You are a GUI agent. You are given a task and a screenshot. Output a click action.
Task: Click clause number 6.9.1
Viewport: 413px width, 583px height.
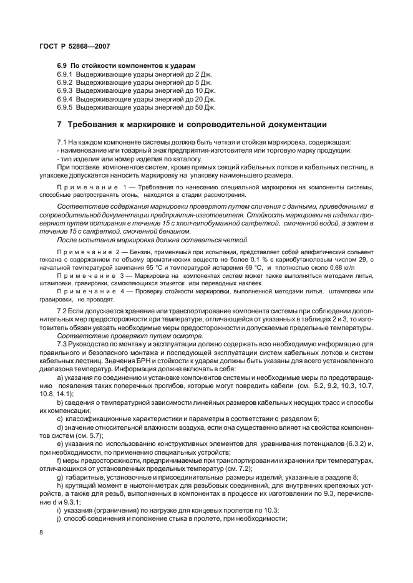(x=65, y=74)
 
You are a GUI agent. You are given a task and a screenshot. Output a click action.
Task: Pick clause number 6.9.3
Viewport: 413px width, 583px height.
(x=65, y=90)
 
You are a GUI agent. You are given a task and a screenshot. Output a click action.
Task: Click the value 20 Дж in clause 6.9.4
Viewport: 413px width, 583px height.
(x=205, y=98)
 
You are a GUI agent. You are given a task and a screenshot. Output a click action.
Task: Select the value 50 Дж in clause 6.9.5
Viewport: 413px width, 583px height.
(x=205, y=107)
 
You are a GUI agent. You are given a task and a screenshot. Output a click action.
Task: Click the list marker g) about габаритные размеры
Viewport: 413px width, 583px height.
(x=60, y=476)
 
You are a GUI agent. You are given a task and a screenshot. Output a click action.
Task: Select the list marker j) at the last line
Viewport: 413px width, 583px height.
(x=59, y=518)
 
